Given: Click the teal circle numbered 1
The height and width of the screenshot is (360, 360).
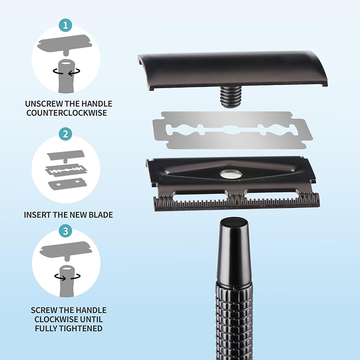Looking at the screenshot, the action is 65,25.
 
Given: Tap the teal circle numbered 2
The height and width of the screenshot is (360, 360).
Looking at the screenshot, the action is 65,134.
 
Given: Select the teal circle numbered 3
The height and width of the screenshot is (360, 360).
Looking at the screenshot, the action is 66,231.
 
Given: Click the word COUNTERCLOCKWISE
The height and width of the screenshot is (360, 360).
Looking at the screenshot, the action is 67,113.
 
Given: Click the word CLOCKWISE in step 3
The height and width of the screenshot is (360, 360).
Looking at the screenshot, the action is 54,319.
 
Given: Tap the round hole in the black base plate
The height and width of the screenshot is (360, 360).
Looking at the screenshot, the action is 231,175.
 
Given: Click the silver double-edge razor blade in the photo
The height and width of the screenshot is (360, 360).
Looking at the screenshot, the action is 233,130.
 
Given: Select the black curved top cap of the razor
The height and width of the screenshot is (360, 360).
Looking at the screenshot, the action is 233,70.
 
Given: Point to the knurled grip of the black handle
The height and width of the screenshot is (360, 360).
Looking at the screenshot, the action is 234,321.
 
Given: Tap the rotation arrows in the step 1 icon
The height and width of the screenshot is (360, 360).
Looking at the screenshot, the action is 67,72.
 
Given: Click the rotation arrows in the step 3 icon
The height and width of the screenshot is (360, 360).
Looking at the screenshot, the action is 67,276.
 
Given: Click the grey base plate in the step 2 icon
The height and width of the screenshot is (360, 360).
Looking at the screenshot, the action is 67,184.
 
